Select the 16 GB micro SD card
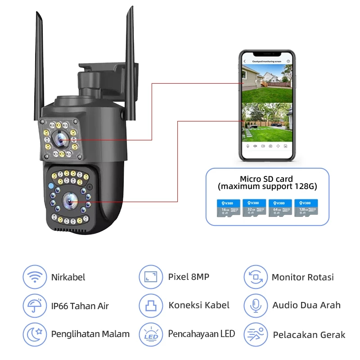tap(229, 209)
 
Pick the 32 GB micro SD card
tap(255, 209)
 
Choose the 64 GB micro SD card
tap(280, 209)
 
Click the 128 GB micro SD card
tap(306, 209)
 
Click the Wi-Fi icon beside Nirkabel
tap(34, 277)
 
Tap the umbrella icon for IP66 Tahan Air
tap(34, 306)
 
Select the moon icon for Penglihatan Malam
tap(34, 334)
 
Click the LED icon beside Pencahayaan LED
tap(150, 334)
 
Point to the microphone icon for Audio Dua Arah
tap(256, 306)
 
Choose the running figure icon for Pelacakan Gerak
tap(256, 334)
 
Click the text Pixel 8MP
tap(189, 277)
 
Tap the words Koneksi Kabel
tap(199, 306)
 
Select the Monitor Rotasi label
tap(303, 277)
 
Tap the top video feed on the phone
tap(267, 81)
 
